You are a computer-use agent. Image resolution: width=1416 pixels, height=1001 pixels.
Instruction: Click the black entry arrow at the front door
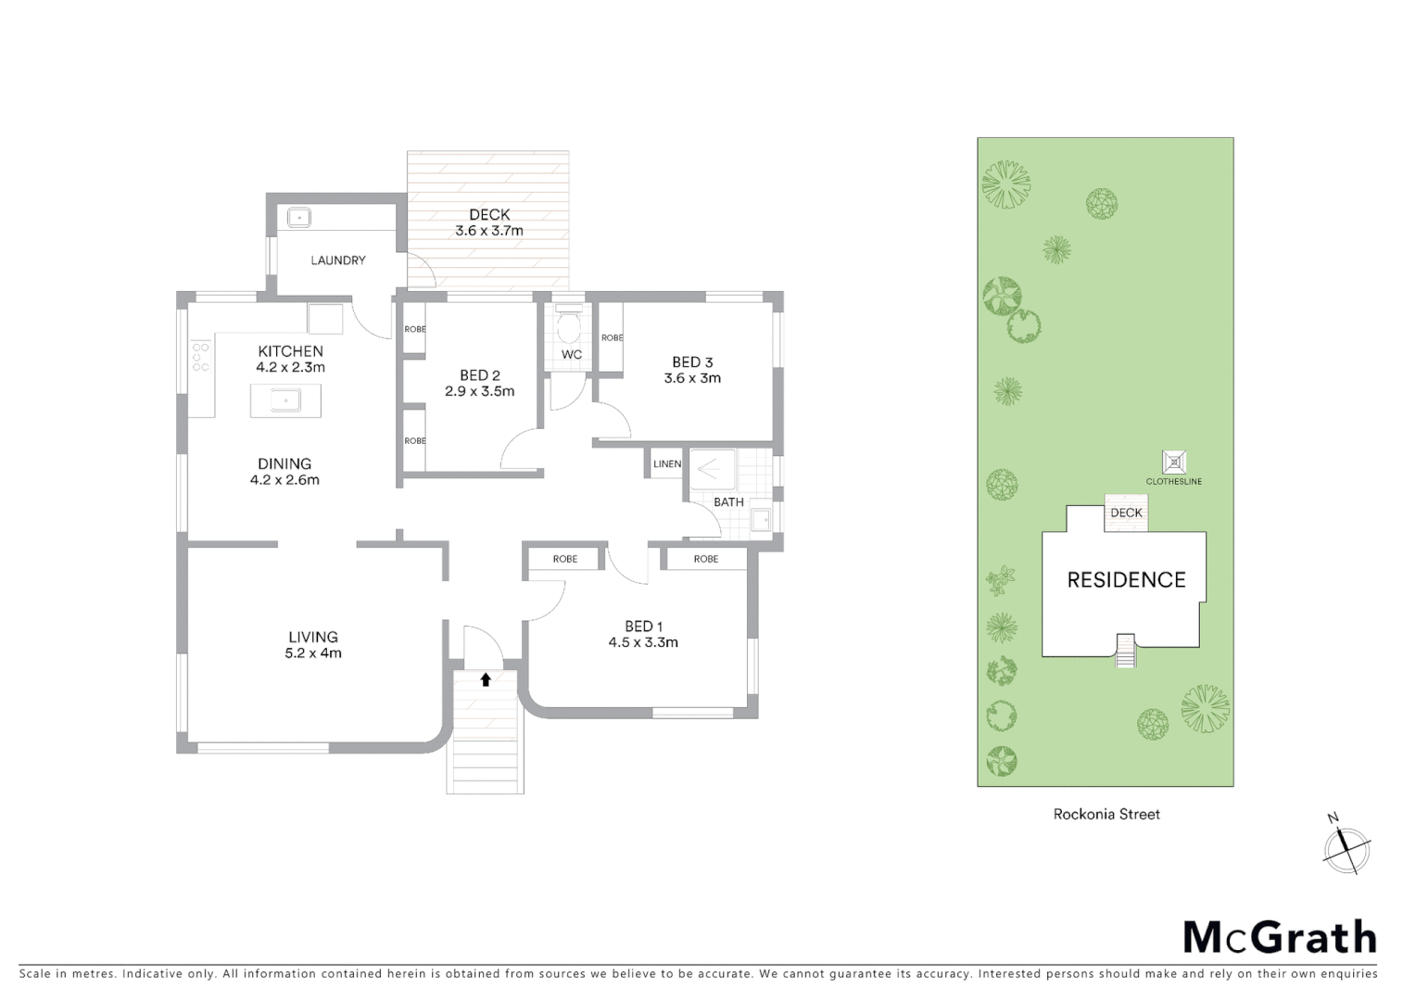485,679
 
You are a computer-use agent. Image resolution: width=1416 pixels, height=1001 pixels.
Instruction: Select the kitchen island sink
285,400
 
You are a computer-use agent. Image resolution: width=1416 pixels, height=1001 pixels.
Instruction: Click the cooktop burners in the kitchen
201,357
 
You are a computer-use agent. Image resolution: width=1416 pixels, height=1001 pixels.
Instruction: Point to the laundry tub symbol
298,217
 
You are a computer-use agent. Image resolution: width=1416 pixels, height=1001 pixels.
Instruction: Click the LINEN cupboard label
667,463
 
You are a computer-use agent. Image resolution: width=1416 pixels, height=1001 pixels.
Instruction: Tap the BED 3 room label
692,361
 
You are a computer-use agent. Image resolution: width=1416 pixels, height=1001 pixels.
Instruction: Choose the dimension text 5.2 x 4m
313,653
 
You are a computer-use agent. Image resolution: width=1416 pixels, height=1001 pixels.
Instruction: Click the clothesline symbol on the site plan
1174,462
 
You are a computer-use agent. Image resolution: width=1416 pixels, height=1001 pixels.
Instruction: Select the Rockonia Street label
1106,814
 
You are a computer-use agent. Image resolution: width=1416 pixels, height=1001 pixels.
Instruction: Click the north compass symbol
1346,847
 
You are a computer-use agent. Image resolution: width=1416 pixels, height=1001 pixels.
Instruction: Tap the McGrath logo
1280,937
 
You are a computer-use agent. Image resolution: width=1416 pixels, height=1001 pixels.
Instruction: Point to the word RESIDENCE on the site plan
1126,580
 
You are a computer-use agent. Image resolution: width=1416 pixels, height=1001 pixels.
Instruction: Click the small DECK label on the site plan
1126,513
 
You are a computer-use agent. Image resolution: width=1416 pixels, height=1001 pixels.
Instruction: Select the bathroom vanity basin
761,519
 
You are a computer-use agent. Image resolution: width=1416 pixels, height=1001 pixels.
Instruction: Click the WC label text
572,354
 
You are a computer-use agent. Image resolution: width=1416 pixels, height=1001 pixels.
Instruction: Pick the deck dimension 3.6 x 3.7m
488,231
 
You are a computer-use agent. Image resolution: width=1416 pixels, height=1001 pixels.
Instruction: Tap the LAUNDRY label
338,260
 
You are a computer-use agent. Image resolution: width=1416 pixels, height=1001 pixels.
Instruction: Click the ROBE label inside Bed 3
613,337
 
